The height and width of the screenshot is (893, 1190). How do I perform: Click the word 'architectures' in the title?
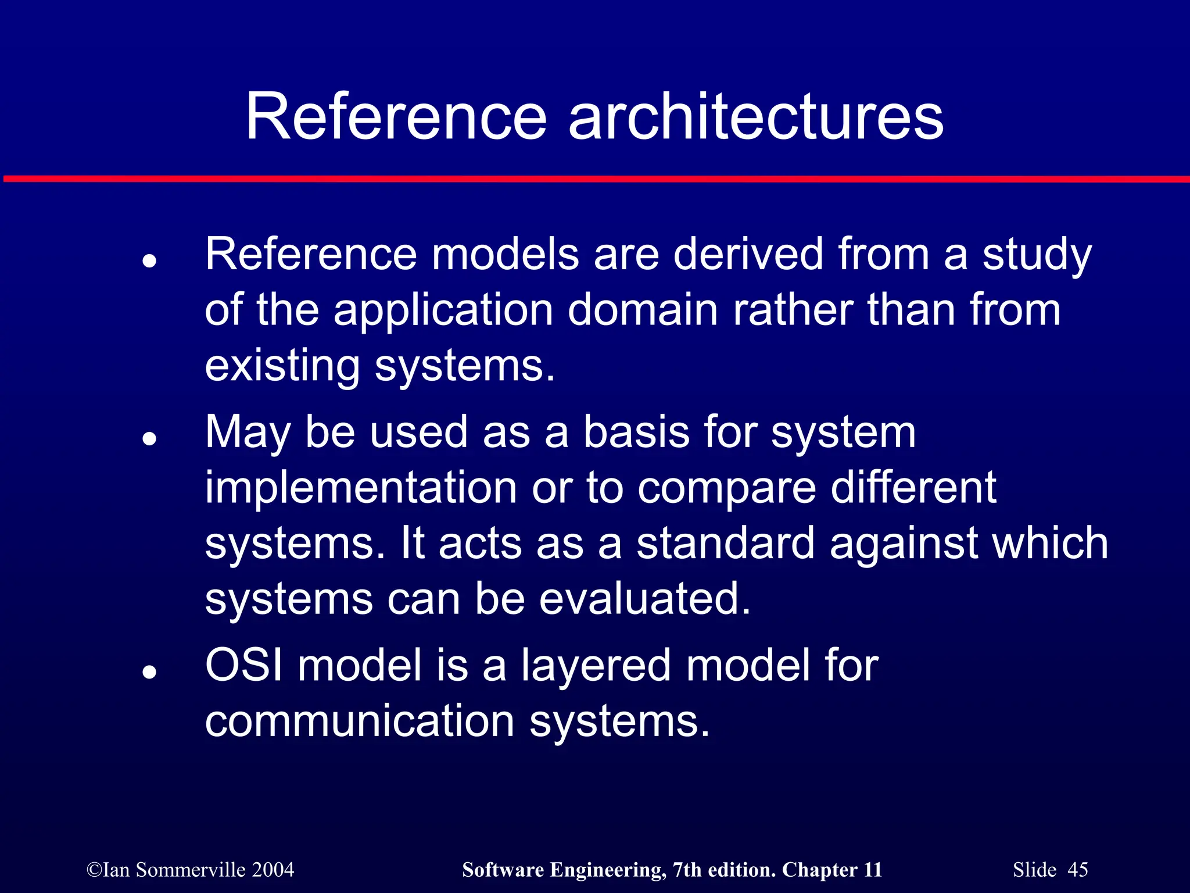[755, 117]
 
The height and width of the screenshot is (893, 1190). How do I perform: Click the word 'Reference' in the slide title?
[396, 117]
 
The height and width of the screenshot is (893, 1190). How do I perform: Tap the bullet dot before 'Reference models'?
[149, 261]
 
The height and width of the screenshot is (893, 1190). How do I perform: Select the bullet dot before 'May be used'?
[149, 439]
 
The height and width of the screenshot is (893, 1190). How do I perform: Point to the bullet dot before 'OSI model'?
[149, 673]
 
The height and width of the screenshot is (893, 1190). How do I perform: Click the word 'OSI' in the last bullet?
[244, 665]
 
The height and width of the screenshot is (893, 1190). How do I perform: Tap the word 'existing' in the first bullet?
[282, 366]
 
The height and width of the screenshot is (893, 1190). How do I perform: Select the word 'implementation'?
[360, 487]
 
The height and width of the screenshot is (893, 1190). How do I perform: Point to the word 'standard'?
[726, 543]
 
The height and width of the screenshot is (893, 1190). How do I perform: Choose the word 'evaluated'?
[644, 599]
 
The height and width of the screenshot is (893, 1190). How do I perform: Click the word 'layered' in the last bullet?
[596, 666]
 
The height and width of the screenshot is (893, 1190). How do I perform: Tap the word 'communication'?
[359, 721]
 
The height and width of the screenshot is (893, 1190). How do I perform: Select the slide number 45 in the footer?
[1078, 870]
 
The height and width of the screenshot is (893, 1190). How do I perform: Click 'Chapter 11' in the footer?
[832, 870]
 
